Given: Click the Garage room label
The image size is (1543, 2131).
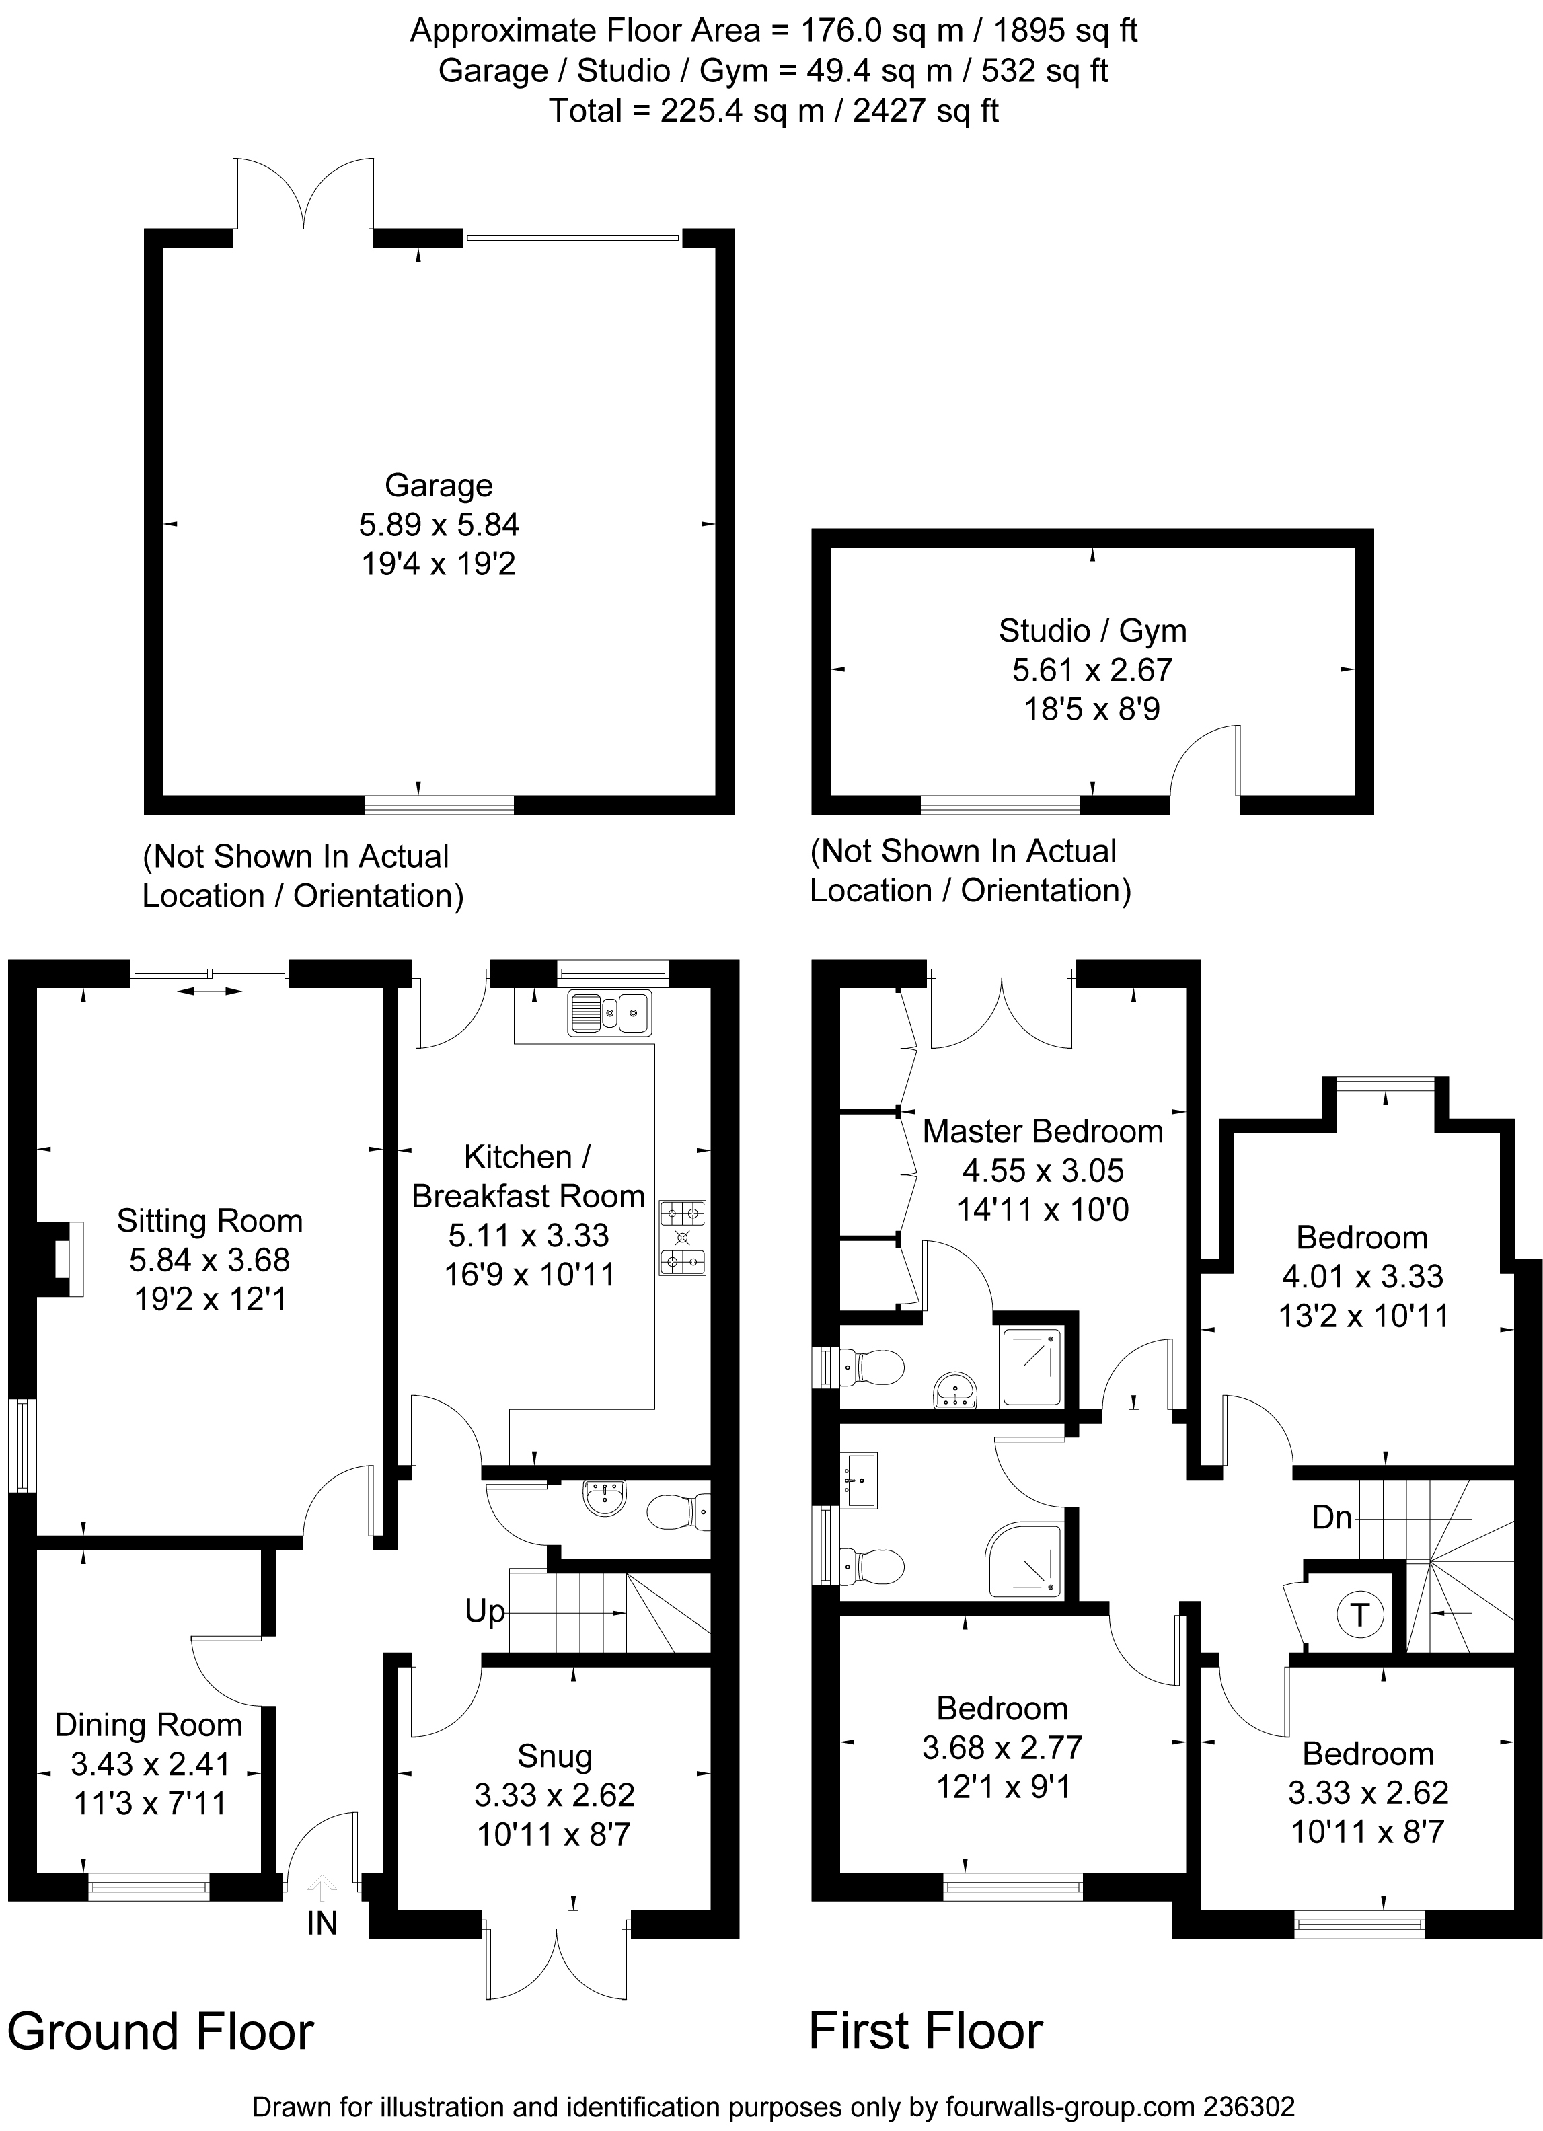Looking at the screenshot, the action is click(x=439, y=485).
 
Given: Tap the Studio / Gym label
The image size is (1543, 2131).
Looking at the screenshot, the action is click(x=1092, y=630).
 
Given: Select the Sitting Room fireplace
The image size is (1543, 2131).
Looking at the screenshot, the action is click(x=60, y=1259).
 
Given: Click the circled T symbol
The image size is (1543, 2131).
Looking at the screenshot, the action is click(x=1359, y=1614).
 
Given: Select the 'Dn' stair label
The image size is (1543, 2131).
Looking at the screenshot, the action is click(x=1332, y=1516).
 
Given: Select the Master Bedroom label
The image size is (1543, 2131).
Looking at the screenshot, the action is click(x=1043, y=1131).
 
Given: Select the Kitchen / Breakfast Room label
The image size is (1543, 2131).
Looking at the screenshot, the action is click(x=528, y=1175).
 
